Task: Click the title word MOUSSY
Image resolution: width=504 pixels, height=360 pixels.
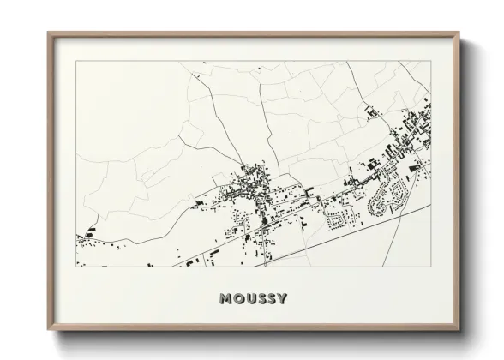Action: (x=252, y=299)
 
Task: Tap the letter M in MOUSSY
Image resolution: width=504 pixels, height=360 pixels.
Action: (x=225, y=299)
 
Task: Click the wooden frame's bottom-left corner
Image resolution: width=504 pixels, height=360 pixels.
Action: (x=49, y=330)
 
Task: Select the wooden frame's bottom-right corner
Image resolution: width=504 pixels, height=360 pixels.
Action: (x=459, y=330)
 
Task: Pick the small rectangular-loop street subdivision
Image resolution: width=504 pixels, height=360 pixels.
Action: (x=339, y=218)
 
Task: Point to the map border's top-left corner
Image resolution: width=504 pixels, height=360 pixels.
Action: (x=77, y=62)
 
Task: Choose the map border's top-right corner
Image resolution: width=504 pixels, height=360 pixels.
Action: (x=430, y=62)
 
